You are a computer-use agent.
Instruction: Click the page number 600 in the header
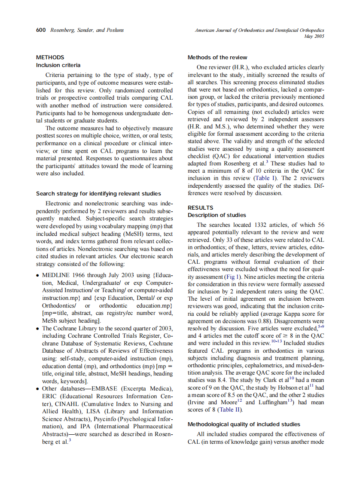(x=41, y=31)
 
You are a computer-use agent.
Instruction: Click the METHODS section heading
(x=50, y=58)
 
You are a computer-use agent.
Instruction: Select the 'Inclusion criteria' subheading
(x=58, y=65)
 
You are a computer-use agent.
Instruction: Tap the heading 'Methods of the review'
(x=217, y=58)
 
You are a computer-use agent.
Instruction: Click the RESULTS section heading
(x=200, y=208)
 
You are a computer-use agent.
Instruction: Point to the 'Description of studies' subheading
(x=217, y=215)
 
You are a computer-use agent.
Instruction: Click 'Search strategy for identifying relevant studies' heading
(x=98, y=194)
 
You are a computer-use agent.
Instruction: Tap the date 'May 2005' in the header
(x=314, y=37)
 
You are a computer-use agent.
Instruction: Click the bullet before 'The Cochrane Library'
(x=38, y=329)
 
